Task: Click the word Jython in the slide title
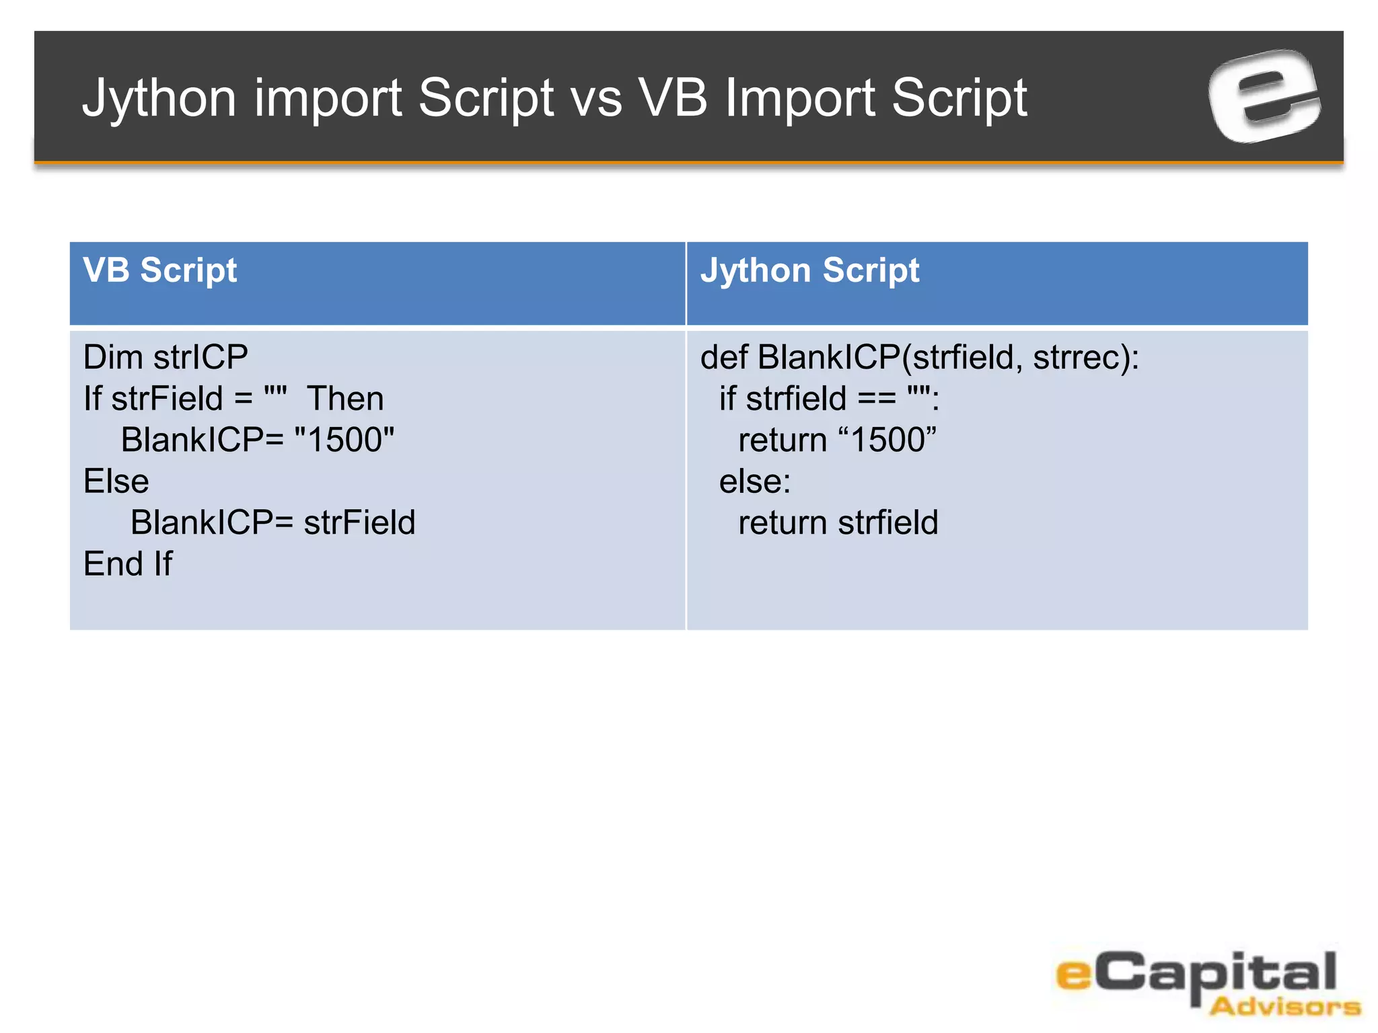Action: [159, 98]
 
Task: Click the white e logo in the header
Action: [1264, 96]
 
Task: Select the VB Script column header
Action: [160, 270]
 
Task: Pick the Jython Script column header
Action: [809, 270]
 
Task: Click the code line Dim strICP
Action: [166, 357]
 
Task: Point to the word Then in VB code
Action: [345, 399]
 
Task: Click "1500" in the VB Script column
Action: [344, 440]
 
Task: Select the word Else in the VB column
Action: [116, 482]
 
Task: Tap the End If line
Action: [128, 564]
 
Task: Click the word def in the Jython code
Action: [723, 357]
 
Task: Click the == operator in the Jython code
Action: [877, 399]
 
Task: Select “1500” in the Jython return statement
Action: [887, 440]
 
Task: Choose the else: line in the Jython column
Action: [754, 482]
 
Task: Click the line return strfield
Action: [838, 523]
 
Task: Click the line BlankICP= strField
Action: [273, 523]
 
